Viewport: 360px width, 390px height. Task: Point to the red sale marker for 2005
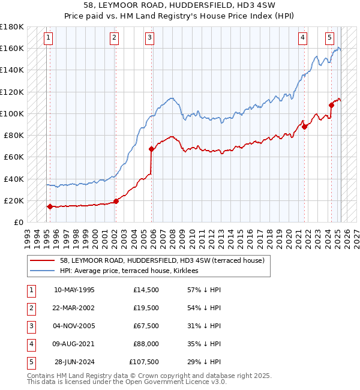tap(151, 149)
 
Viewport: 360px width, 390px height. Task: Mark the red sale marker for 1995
tap(50, 206)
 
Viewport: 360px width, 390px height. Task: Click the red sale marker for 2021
tap(304, 127)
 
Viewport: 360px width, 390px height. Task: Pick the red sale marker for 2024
tap(331, 105)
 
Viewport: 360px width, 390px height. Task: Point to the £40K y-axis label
tap(14, 179)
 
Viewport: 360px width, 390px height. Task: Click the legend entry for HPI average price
tap(132, 271)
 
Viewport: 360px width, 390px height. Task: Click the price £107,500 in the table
tap(144, 362)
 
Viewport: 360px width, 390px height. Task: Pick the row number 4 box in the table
tap(31, 344)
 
